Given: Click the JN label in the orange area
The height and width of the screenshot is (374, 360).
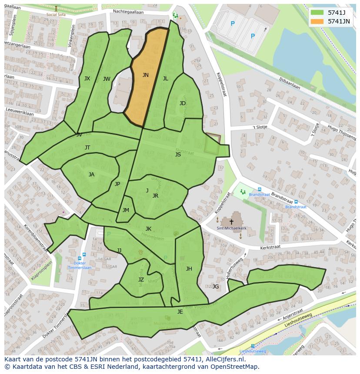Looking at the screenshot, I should pos(145,75).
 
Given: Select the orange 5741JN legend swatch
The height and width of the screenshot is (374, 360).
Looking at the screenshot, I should pos(317,21).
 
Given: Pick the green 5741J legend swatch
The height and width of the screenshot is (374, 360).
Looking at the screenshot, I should pos(317,12).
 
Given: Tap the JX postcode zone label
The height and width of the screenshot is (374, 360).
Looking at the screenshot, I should pos(87,79).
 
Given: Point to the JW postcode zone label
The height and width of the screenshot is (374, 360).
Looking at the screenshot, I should pos(107,79).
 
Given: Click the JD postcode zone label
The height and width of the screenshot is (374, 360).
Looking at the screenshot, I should pos(183,103).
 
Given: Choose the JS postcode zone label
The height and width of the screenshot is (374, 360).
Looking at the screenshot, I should pos(178,155).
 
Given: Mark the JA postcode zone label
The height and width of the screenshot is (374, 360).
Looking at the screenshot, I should pos(91,175).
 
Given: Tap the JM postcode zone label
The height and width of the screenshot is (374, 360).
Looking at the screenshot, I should pos(126,210).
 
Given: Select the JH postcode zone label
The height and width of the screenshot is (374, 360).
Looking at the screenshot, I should pos(189,269).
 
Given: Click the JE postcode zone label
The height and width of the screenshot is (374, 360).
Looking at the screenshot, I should pos(180,312).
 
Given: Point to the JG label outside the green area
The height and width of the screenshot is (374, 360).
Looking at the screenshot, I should pos(216,286).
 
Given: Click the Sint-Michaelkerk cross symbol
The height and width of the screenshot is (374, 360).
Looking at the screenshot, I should pos(231,222).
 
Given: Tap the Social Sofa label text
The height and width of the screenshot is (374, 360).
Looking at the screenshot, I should pos(56,14).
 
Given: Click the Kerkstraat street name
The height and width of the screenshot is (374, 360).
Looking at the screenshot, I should pos(270,247).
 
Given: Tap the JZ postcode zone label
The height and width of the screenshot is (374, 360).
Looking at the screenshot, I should pos(141,280).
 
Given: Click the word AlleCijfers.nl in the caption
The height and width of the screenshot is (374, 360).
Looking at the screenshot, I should pos(224,360).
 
